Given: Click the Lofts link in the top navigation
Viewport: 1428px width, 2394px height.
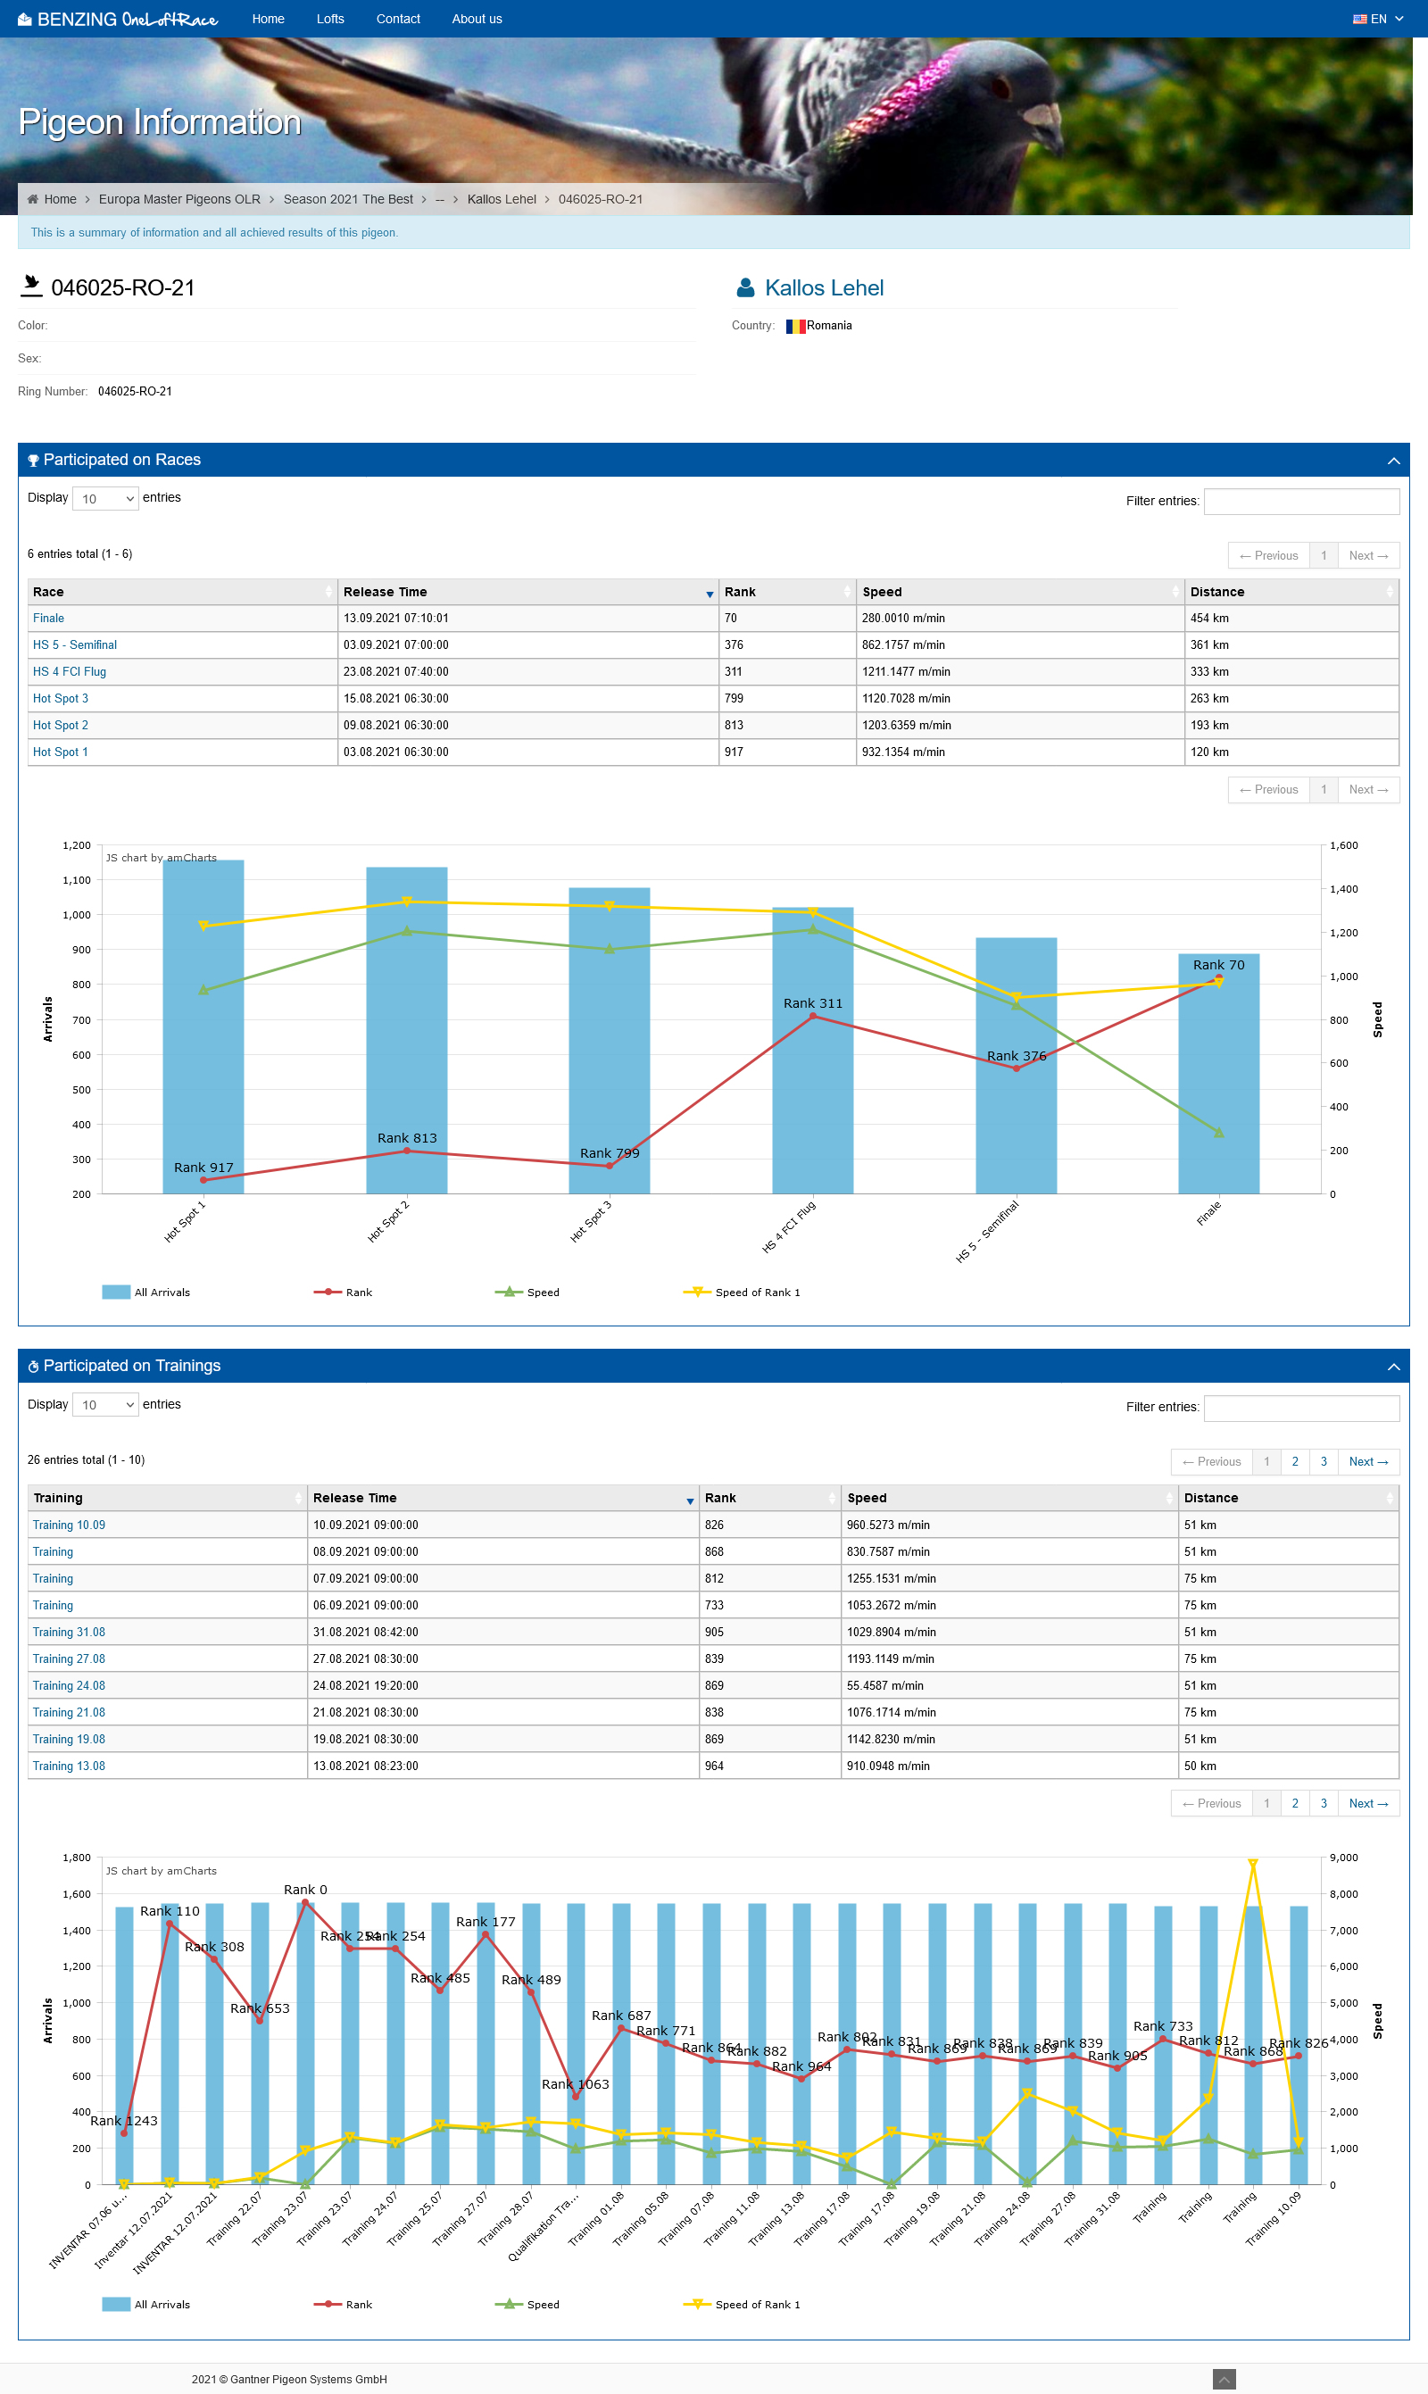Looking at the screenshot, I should tap(330, 20).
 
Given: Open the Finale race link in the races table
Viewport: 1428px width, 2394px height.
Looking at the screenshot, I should tap(48, 618).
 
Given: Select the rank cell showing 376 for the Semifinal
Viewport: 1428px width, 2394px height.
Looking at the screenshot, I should tap(734, 644).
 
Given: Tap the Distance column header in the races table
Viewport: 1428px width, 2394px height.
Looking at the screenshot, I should tap(1216, 592).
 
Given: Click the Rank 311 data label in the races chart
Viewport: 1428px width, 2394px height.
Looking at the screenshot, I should tap(812, 1003).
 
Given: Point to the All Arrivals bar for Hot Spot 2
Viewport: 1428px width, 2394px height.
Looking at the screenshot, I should tap(406, 1029).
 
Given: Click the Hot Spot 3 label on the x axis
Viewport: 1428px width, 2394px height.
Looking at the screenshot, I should tap(591, 1222).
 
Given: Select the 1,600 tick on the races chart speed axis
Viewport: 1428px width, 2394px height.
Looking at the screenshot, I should tap(1343, 846).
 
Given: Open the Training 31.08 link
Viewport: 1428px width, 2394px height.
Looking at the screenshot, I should tap(69, 1632).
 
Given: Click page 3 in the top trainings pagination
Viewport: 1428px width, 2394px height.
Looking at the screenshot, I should tap(1323, 1461).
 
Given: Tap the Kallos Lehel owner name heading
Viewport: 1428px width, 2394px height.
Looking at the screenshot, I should tap(824, 287).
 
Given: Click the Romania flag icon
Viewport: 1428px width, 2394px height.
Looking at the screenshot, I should tap(795, 326).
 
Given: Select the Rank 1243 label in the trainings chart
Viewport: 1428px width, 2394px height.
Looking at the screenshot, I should tap(123, 2121).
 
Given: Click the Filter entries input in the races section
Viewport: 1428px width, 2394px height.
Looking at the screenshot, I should tap(1301, 502).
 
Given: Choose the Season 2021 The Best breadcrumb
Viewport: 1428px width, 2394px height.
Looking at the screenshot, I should tap(347, 199).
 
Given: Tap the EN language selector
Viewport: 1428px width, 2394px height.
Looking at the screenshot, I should tap(1377, 20).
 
